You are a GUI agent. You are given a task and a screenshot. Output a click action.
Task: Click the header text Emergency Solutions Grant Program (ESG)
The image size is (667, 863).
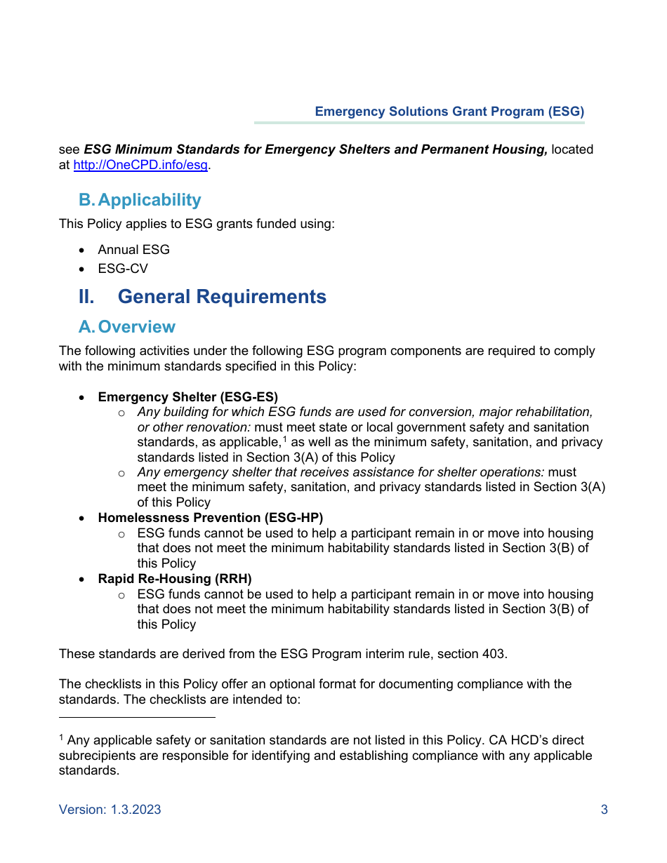tap(449, 112)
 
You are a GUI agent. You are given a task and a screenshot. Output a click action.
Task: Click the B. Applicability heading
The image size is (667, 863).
tap(140, 200)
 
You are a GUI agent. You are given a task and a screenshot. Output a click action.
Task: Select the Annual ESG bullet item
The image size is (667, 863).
tap(133, 250)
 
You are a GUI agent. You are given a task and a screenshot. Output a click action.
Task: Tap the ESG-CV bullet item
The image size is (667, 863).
tap(123, 269)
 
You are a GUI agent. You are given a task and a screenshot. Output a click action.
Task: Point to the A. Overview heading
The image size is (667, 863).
tap(127, 327)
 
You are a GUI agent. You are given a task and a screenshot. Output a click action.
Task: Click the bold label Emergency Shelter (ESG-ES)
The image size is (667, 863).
tap(187, 397)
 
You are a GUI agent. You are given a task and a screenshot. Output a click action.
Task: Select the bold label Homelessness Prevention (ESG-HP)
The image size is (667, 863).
tap(210, 518)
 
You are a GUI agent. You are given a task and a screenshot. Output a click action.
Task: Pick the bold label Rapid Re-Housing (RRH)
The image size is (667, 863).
tap(174, 579)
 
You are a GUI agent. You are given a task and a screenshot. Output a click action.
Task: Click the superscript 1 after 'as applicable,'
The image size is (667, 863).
tap(285, 439)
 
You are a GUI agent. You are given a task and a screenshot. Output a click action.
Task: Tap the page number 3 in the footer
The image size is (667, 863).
tap(604, 810)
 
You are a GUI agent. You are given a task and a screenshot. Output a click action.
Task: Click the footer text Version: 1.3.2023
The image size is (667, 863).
tap(110, 810)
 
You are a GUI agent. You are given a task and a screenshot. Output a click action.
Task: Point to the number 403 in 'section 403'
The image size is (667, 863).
tap(494, 654)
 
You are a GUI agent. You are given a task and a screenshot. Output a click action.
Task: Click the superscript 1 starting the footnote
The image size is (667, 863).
tap(61, 737)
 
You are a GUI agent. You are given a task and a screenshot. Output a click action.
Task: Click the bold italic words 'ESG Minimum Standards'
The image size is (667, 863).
tap(143, 149)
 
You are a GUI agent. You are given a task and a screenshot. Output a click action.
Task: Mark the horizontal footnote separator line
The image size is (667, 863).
tap(137, 717)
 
